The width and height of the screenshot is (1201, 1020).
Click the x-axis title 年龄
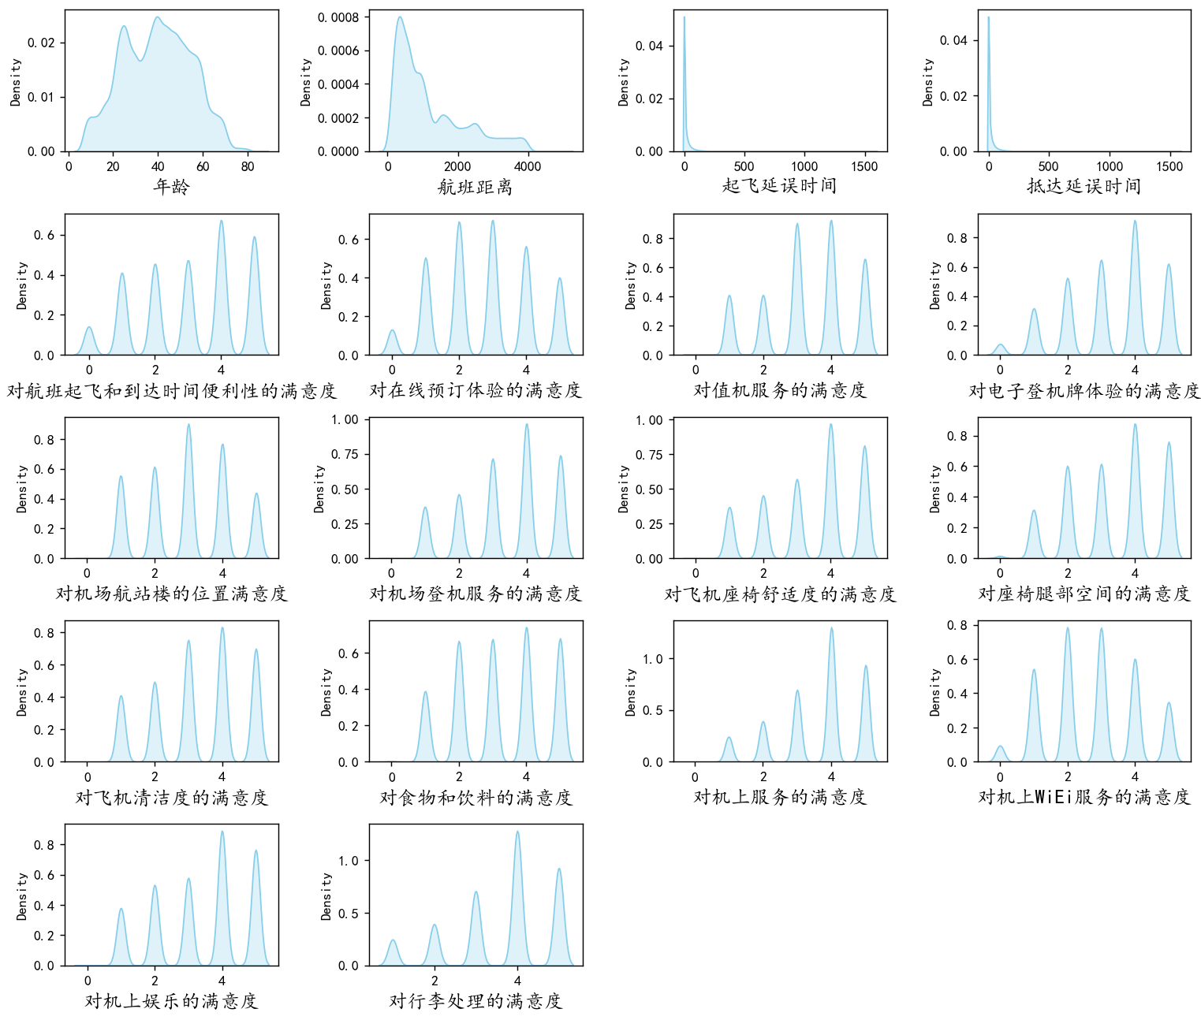[x=171, y=187]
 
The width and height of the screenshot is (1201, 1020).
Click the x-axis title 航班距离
[x=476, y=187]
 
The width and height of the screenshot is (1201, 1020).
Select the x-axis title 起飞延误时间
[x=779, y=186]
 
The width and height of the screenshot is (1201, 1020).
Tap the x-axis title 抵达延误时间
[x=1084, y=186]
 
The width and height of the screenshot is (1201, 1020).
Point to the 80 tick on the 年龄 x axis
[x=248, y=166]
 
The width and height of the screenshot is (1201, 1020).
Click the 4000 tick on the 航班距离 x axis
[x=528, y=166]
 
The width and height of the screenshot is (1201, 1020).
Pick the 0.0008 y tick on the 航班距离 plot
[x=339, y=17]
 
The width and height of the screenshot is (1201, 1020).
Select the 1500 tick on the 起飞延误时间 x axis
[x=864, y=166]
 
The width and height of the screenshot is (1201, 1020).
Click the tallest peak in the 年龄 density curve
[x=158, y=17]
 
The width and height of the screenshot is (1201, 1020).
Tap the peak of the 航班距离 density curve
[x=400, y=17]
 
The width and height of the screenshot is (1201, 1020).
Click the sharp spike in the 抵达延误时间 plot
[x=988, y=17]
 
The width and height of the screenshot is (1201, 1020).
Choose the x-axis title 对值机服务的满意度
[x=779, y=390]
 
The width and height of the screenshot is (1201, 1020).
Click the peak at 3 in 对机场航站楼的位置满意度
[x=188, y=425]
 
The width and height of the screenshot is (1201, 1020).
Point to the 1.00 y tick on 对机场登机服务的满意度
[x=345, y=420]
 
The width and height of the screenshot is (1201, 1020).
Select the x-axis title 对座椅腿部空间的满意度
[x=1084, y=594]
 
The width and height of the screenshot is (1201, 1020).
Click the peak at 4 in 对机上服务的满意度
[x=831, y=628]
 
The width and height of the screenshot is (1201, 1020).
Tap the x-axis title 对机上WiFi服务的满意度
[x=1084, y=798]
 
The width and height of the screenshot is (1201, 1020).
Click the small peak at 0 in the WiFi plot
[x=1000, y=746]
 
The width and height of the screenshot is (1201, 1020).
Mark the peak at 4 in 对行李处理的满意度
[x=517, y=832]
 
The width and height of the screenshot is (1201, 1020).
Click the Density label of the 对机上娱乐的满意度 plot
[x=21, y=895]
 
